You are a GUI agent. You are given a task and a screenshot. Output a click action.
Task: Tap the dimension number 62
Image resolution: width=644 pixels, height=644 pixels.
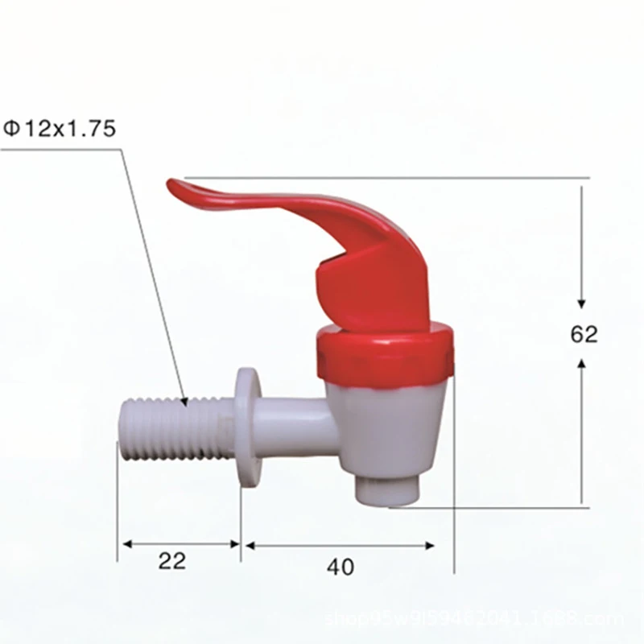584,334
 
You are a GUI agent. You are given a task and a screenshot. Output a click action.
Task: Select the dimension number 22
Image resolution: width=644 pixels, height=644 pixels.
172,561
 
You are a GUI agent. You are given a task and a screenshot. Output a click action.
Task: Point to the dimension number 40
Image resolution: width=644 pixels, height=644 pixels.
340,567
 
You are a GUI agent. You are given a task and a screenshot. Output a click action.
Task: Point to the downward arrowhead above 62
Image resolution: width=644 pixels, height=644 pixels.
582,302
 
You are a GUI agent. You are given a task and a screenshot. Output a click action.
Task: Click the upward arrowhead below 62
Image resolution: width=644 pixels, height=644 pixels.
582,365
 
